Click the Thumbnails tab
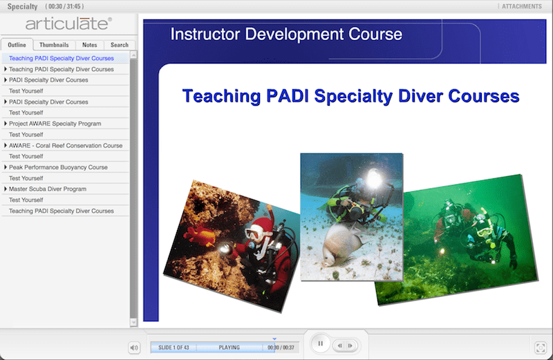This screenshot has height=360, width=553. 54,45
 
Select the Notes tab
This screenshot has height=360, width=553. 90,45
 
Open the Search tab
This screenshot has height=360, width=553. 120,45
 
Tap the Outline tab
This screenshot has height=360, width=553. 17,45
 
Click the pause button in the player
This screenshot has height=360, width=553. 320,343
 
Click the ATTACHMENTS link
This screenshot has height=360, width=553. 522,6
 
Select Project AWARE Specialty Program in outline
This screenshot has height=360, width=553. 55,124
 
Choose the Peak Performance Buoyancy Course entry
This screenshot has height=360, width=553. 58,167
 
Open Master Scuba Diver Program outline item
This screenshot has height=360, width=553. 48,189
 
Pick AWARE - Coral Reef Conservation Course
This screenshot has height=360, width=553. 66,145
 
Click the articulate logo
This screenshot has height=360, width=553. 68,24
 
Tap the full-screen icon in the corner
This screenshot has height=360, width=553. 541,348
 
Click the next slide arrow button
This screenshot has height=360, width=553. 350,345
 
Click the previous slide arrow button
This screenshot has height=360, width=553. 339,345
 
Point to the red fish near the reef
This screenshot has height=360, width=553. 200,236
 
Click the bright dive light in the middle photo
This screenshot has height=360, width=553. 375,178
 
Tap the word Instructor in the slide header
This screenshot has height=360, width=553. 204,34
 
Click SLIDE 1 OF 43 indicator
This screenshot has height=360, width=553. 174,348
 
